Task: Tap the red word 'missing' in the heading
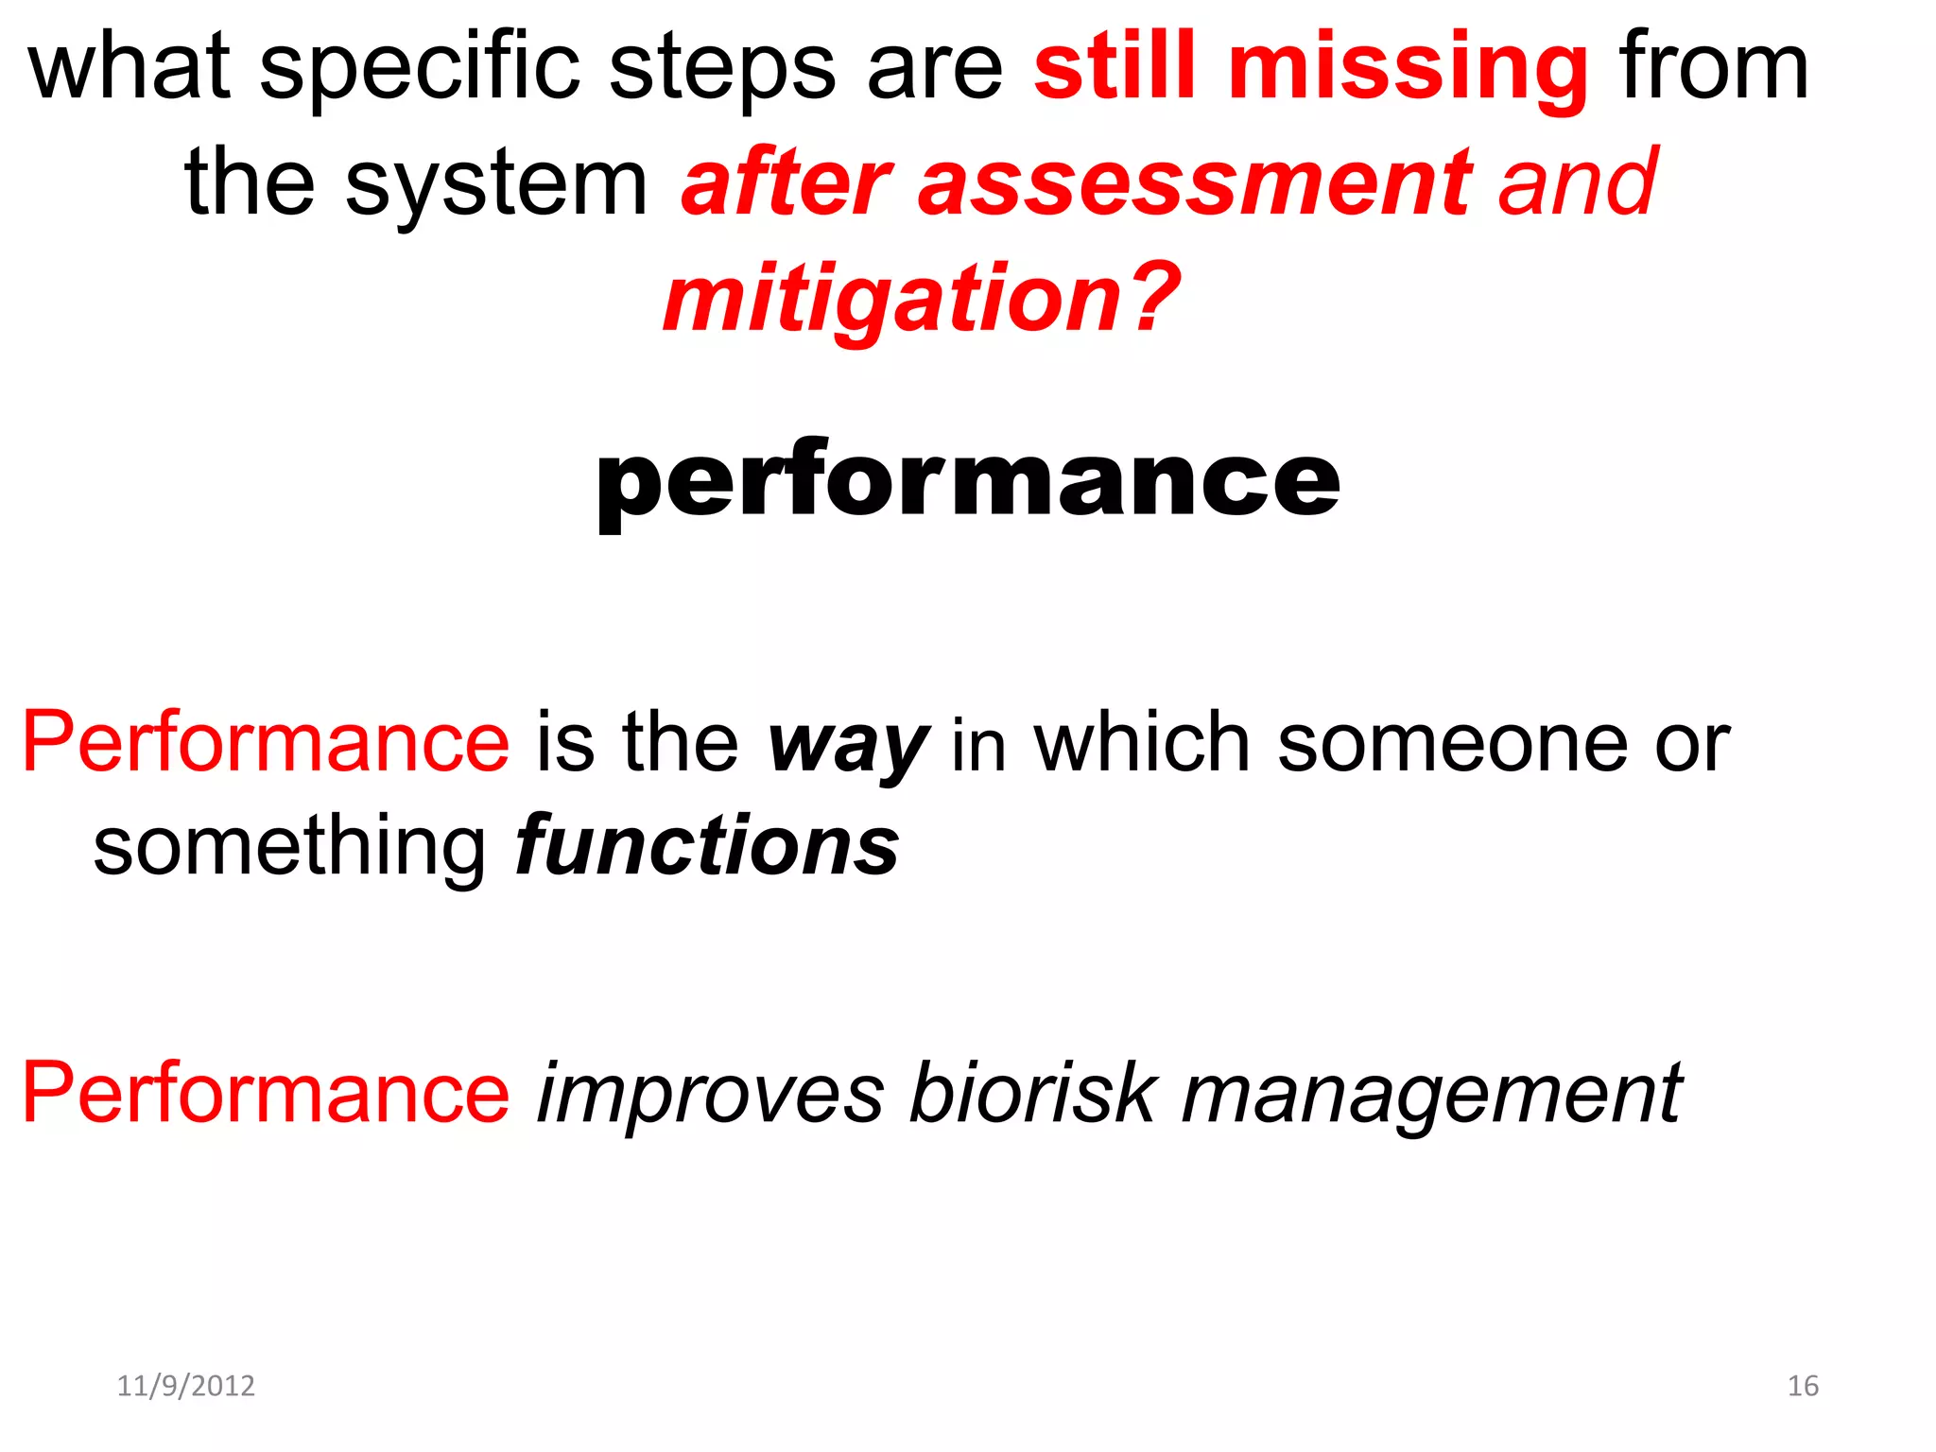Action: (1408, 68)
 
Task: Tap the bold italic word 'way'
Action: (848, 745)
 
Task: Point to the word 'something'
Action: (289, 846)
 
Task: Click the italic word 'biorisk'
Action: (1031, 1095)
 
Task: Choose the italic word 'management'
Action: (1431, 1095)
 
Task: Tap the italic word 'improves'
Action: (710, 1095)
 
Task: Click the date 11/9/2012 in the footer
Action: (185, 1386)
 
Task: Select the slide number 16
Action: (1802, 1386)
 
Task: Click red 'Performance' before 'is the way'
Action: (266, 743)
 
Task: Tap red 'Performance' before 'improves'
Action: (266, 1094)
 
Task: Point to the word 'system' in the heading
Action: (495, 185)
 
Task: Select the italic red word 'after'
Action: (786, 183)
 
